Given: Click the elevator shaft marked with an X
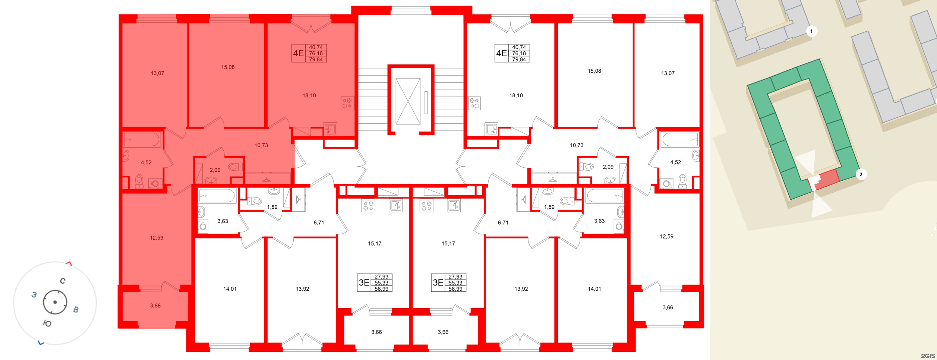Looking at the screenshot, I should pos(408,101).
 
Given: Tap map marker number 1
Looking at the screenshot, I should pos(811,31).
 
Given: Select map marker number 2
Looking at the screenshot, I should pos(861,174).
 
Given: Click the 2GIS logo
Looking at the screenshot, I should pos(927,356).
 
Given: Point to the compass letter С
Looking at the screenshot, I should pos(63,281).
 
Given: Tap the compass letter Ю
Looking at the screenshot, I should pos(47,323).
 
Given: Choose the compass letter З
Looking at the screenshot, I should pos(34,295).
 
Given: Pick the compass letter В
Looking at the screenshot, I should pos(76,310).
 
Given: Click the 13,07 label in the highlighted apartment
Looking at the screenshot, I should pos(157,73).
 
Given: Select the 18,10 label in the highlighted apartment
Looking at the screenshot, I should pos(309,96).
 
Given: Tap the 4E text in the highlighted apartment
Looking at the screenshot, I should pos(298,53).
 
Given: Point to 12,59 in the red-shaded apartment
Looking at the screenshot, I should pos(157,238).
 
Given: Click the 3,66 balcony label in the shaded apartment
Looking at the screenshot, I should pos(155,306).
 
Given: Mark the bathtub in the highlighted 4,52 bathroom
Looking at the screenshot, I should pos(142,140).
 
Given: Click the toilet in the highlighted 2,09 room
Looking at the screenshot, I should pos(235,167).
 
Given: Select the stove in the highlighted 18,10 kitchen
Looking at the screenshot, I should pos(347,103).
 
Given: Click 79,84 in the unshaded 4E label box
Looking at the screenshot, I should pos(519,60).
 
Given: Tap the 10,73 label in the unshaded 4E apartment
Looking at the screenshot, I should pos(577,145).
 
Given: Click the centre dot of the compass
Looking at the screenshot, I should pos(55,302).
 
